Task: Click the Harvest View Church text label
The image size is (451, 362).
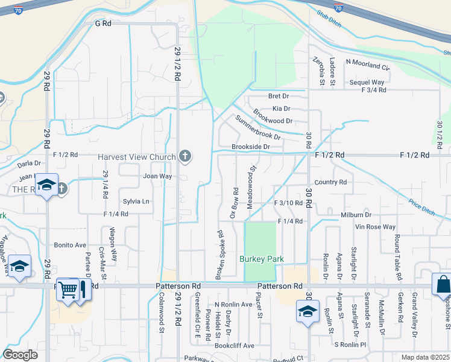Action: [x=137, y=157]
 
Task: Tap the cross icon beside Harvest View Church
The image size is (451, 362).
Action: [x=185, y=157]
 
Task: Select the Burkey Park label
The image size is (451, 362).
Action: [x=261, y=259]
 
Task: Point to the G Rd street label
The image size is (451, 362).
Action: [x=103, y=24]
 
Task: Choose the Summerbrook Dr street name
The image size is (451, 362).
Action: [x=258, y=127]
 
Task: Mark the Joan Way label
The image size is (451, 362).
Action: [x=157, y=176]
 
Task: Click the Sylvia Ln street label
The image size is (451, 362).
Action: [x=136, y=201]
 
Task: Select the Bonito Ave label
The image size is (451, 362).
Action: [x=70, y=246]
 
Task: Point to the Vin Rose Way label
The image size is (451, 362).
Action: [x=375, y=227]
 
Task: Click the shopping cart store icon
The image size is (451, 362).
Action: [x=68, y=290]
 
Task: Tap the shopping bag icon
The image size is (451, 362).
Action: [x=442, y=284]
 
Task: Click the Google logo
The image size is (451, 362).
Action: [x=20, y=355]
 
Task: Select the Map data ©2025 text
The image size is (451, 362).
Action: [x=426, y=357]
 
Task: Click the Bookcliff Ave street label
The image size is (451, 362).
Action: [x=235, y=346]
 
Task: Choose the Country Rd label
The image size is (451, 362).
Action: [x=330, y=182]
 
